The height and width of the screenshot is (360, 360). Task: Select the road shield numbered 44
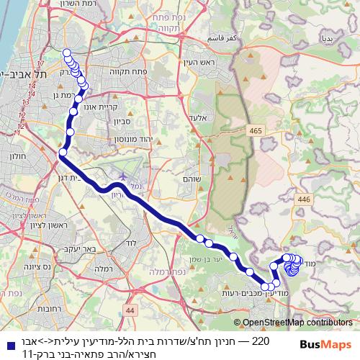130,310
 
